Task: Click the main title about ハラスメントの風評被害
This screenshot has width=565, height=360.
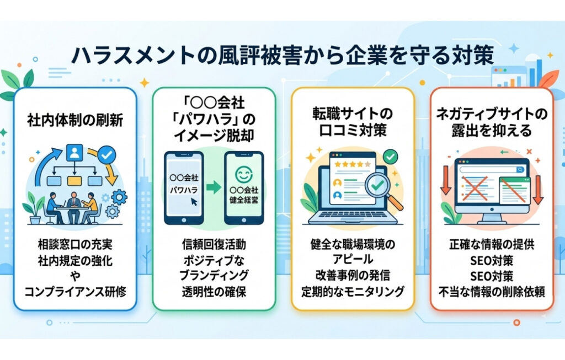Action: coord(282,56)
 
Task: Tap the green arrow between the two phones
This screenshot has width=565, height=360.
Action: coord(213,188)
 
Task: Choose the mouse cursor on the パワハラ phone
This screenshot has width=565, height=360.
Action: coord(194,202)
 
